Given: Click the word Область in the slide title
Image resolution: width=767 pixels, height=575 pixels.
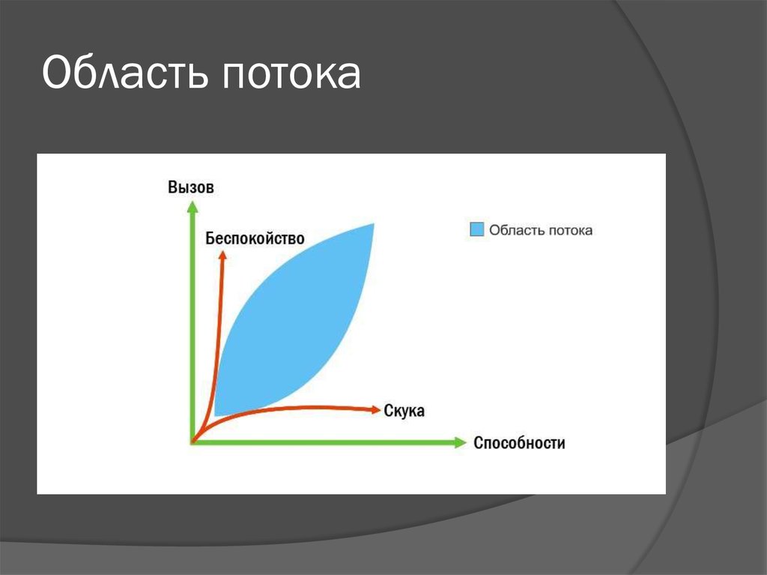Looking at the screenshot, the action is [x=126, y=73].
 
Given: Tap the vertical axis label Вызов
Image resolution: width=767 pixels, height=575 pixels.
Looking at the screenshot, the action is [x=191, y=187].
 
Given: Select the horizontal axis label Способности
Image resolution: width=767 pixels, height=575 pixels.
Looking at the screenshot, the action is [x=519, y=443].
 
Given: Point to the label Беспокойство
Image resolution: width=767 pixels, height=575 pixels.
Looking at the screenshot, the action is [x=255, y=238].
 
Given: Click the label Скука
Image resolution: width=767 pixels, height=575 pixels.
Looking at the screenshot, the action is [x=404, y=410].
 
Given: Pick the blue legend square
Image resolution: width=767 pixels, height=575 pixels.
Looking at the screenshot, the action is [x=477, y=229].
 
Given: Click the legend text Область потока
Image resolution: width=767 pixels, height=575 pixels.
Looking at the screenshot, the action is [x=541, y=230].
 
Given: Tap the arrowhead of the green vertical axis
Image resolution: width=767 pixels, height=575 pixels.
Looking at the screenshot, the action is [x=192, y=207].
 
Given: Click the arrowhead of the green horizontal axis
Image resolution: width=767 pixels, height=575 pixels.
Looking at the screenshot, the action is [x=461, y=442].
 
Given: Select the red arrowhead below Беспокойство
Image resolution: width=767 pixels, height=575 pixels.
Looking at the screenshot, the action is [x=222, y=255].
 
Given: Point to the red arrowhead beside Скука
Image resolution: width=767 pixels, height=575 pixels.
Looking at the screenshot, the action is [x=376, y=410].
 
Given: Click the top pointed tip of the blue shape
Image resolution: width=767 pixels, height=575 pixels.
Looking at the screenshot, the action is [x=374, y=224].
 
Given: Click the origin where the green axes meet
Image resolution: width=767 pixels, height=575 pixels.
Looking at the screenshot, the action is [x=192, y=442].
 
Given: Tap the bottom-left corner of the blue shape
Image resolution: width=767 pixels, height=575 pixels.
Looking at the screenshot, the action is [x=215, y=415].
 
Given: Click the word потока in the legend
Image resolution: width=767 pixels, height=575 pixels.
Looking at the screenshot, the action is [x=570, y=231].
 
